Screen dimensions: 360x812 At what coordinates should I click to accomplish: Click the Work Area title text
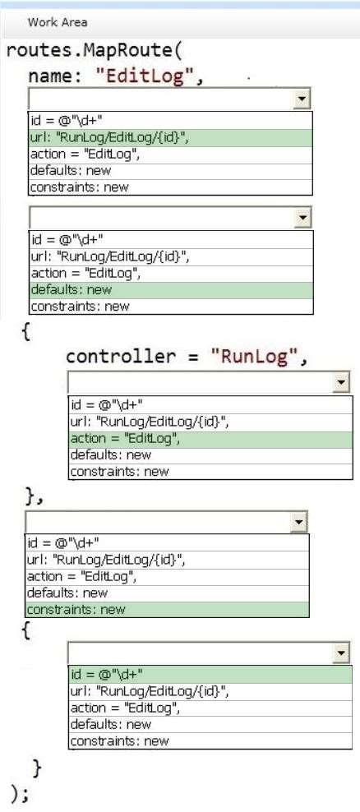(58, 22)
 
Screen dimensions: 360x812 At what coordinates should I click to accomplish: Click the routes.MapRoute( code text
(94, 51)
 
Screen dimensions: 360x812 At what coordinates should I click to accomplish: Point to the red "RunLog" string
(253, 357)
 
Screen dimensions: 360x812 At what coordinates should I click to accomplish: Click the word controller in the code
(119, 357)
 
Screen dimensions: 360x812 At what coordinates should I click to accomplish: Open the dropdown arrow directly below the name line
(302, 99)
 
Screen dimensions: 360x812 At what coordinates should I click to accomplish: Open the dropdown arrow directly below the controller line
(341, 383)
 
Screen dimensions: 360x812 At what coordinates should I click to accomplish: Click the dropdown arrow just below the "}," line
(298, 522)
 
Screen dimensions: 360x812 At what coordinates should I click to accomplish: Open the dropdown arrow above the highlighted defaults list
(302, 218)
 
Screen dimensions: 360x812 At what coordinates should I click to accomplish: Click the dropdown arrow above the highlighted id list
(341, 653)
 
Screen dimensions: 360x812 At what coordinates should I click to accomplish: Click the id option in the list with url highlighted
(67, 121)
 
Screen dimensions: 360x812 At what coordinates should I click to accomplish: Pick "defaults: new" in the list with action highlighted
(110, 455)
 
